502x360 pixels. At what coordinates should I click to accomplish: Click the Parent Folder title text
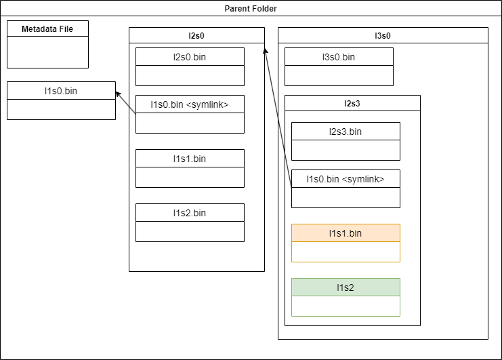pos(251,9)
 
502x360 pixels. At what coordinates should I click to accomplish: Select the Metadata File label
pos(47,29)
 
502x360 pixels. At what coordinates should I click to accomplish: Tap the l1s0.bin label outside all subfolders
pos(61,90)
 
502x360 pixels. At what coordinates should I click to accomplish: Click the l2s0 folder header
pos(196,36)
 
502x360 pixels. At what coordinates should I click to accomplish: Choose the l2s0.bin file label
pos(190,57)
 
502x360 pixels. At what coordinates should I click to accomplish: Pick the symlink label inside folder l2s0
pos(190,104)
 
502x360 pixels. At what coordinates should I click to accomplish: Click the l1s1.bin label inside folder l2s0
pos(190,159)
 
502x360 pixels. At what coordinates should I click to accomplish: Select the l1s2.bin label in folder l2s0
pos(190,213)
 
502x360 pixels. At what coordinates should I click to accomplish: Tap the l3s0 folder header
pos(383,36)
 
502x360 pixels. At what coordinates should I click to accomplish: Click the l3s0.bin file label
pos(339,57)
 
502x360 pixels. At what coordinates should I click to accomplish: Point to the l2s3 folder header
pos(352,104)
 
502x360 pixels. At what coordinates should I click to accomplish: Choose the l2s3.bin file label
pos(346,132)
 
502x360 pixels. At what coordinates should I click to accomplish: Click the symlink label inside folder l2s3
pos(346,179)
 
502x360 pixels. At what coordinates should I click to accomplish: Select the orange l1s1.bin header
pos(346,233)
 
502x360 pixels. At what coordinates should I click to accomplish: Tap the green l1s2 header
pos(346,287)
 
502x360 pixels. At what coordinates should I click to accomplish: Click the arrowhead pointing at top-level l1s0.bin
pos(119,94)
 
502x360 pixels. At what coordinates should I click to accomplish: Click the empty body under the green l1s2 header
pos(346,306)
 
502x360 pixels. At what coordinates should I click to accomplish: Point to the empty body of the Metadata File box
pos(47,52)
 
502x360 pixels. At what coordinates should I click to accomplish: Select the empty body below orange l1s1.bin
pos(346,252)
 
